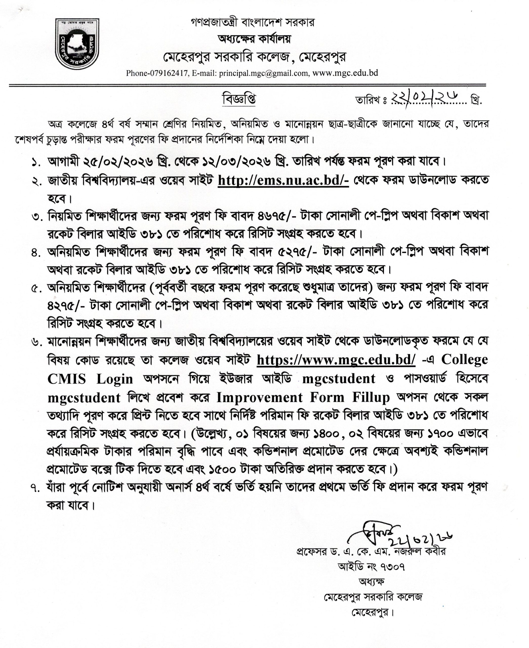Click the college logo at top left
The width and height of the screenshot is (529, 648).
[x=77, y=44]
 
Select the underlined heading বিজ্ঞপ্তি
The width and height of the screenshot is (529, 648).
[x=239, y=99]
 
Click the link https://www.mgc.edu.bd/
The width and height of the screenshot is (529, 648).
[x=336, y=359]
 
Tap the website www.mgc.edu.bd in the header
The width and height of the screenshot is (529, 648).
[x=345, y=73]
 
